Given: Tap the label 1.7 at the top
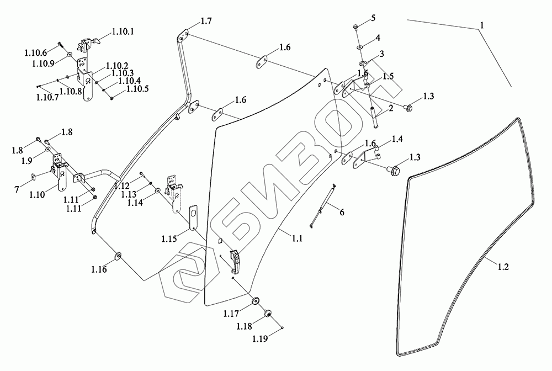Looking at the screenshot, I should tap(206, 21).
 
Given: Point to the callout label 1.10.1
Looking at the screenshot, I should tap(123, 33).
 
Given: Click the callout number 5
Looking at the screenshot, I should tap(373, 18).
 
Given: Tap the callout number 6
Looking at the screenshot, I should tap(342, 213).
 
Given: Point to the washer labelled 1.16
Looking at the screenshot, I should tap(118, 256).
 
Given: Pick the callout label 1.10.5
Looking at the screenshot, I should tap(137, 88).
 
